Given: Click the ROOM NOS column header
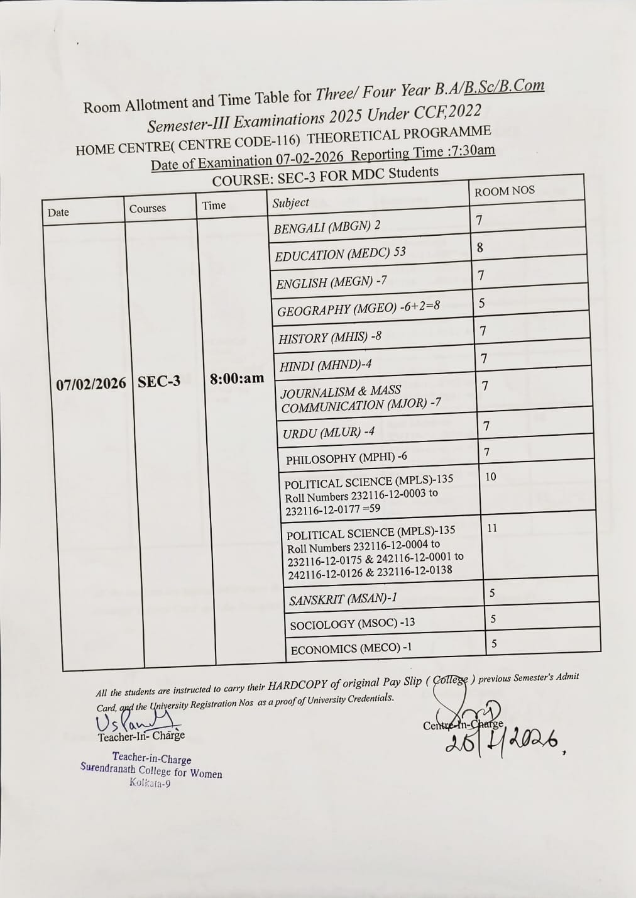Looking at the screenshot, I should coord(504,191).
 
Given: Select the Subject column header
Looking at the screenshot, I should coord(290,202).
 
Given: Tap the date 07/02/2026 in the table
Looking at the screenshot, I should coord(91,384).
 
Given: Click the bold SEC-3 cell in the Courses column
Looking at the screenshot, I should coord(159,382).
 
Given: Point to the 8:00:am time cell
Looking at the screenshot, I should coord(237,379).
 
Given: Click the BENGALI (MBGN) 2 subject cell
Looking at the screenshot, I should coord(327,227).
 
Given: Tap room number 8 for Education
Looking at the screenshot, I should coord(480,248).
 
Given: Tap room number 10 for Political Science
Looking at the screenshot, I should coord(490,477).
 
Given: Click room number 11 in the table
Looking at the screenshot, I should coord(492,528).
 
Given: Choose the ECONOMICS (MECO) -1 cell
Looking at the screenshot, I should coord(351,648).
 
